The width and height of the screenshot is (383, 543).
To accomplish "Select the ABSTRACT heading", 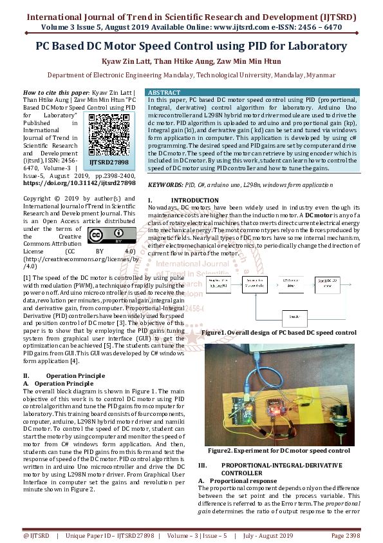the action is [165, 92].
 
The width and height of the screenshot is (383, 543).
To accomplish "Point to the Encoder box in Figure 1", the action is [295, 317].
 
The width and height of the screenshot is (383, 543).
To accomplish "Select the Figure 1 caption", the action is [278, 333].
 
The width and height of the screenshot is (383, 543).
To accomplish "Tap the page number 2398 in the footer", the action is [346, 536].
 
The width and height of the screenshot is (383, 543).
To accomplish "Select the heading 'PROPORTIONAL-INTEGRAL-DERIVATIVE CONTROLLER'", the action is [280, 469].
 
